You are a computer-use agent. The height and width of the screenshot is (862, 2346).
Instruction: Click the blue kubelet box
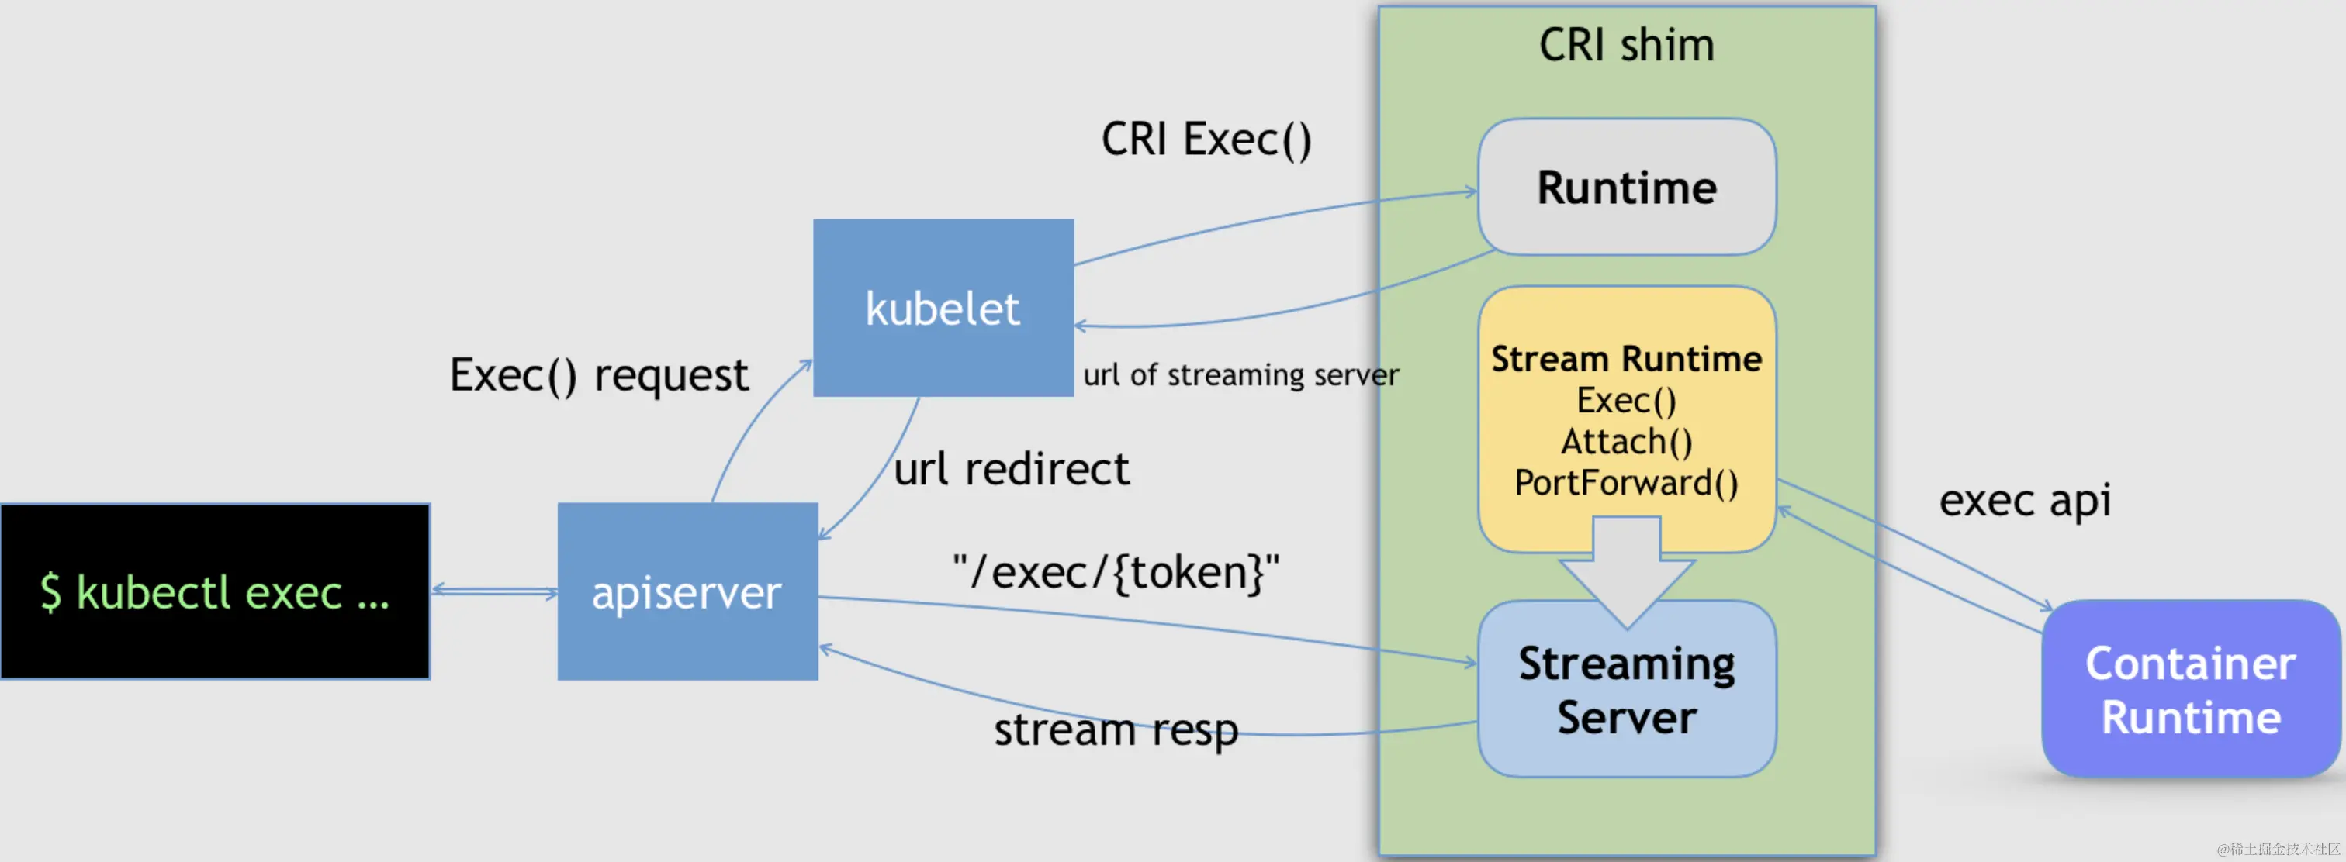(943, 308)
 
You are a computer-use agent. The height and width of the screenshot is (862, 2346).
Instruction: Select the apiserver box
(687, 591)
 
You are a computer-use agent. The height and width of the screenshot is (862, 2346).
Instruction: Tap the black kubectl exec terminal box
(215, 591)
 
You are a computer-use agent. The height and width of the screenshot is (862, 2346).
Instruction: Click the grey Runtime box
(1627, 188)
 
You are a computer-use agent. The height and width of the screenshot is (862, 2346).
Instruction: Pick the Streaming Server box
(1627, 690)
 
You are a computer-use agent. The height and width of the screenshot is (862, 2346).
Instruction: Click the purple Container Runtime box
(2190, 690)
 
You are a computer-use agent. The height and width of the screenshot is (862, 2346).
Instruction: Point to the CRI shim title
(1627, 46)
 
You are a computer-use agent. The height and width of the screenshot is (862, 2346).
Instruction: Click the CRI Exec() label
(1206, 140)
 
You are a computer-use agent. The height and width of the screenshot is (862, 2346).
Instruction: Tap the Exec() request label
(598, 375)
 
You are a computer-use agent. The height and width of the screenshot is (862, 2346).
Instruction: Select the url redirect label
(1011, 470)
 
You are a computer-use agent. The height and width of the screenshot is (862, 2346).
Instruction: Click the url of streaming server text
(1240, 375)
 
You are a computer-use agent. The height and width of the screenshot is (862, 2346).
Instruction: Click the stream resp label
(1116, 730)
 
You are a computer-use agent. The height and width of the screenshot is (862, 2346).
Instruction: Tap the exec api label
(2025, 501)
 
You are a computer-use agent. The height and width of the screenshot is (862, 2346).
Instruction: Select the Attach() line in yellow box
(1627, 443)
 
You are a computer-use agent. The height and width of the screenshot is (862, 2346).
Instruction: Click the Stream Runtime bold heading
(1627, 360)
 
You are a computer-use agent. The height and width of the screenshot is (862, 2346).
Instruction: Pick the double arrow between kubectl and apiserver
(493, 591)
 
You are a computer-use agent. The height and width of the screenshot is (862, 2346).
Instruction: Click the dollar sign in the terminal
(50, 591)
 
